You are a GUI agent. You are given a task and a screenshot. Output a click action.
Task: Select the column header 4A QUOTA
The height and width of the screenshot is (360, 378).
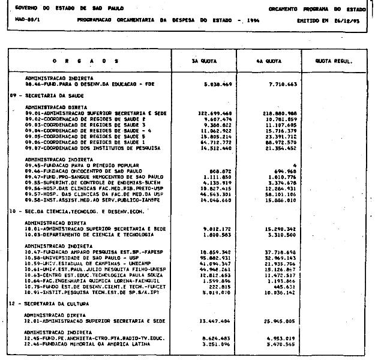tap(265, 61)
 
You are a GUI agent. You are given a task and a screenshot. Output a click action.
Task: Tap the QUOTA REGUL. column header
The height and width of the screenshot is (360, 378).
tap(334, 61)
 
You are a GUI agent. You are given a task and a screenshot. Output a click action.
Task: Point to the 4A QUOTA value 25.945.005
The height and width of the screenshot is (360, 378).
tap(281, 321)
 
